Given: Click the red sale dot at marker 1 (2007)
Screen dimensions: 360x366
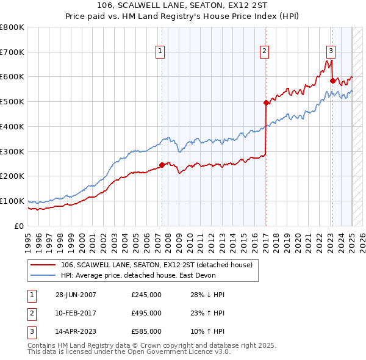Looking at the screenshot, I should click(162, 165).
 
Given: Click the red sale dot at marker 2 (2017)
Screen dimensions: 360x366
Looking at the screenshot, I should click(266, 103).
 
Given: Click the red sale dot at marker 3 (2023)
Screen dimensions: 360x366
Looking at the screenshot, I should click(332, 81).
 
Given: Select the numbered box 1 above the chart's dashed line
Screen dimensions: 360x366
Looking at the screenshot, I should click(160, 52).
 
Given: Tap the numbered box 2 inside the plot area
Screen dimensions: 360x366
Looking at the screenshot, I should click(265, 52).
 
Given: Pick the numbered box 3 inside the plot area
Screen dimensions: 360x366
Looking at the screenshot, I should click(331, 52).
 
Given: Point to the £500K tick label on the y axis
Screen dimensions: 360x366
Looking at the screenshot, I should click(12, 101).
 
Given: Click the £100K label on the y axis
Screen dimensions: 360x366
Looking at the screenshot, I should click(12, 201).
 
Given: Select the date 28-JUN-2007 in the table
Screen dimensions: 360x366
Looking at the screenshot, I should click(76, 295).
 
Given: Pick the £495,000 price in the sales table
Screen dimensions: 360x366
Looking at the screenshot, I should click(146, 313).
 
